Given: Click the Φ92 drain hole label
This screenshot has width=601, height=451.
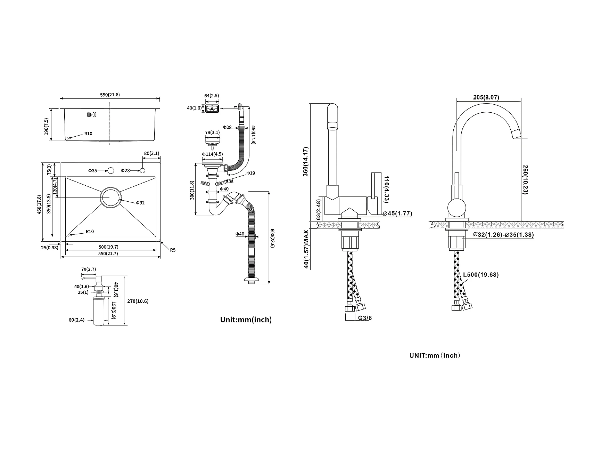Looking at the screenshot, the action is point(140,202).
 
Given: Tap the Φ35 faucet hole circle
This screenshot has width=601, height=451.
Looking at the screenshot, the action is point(111,171).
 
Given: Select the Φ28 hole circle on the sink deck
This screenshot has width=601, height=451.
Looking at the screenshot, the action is point(142,170).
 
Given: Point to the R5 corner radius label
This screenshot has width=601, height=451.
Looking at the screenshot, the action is point(173,250).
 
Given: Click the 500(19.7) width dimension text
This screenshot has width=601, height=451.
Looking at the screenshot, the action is point(108,247).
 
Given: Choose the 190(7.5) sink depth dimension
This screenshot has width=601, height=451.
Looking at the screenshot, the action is point(47,126).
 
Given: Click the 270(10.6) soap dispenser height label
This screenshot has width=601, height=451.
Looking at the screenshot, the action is point(138,301).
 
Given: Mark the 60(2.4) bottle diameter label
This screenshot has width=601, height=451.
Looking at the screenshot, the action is point(76,320).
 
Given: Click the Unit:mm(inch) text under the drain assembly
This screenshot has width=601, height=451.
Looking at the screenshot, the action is point(246,320).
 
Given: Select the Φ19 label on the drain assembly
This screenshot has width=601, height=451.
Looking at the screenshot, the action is point(251,173).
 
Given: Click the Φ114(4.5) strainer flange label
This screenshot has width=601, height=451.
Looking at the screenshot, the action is point(212,154).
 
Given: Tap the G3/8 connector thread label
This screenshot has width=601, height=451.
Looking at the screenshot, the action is point(365,317).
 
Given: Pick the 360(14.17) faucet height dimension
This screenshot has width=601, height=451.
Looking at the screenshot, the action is point(306,162).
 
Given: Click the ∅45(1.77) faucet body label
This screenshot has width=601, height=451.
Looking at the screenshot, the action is point(397,214).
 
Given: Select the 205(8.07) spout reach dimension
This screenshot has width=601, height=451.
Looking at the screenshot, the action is point(486,97).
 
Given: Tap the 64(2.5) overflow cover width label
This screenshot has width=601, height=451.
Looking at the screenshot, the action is point(212,96).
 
